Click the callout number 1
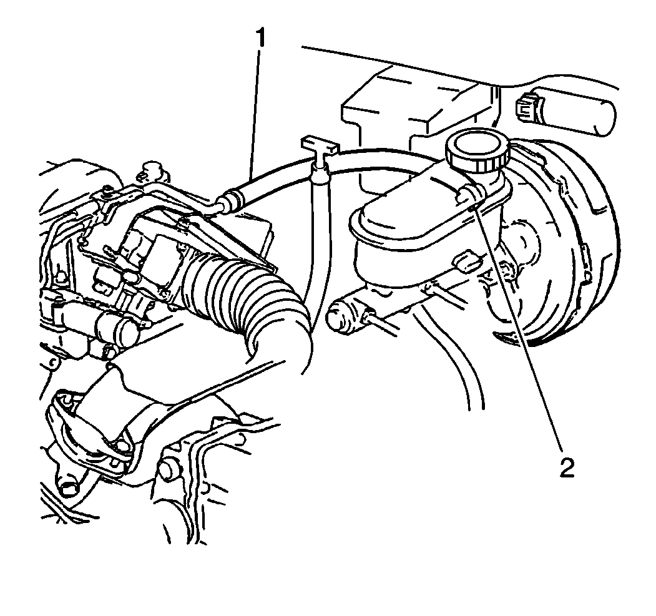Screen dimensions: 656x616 [x=261, y=38]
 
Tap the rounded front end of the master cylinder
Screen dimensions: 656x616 [x=344, y=311]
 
